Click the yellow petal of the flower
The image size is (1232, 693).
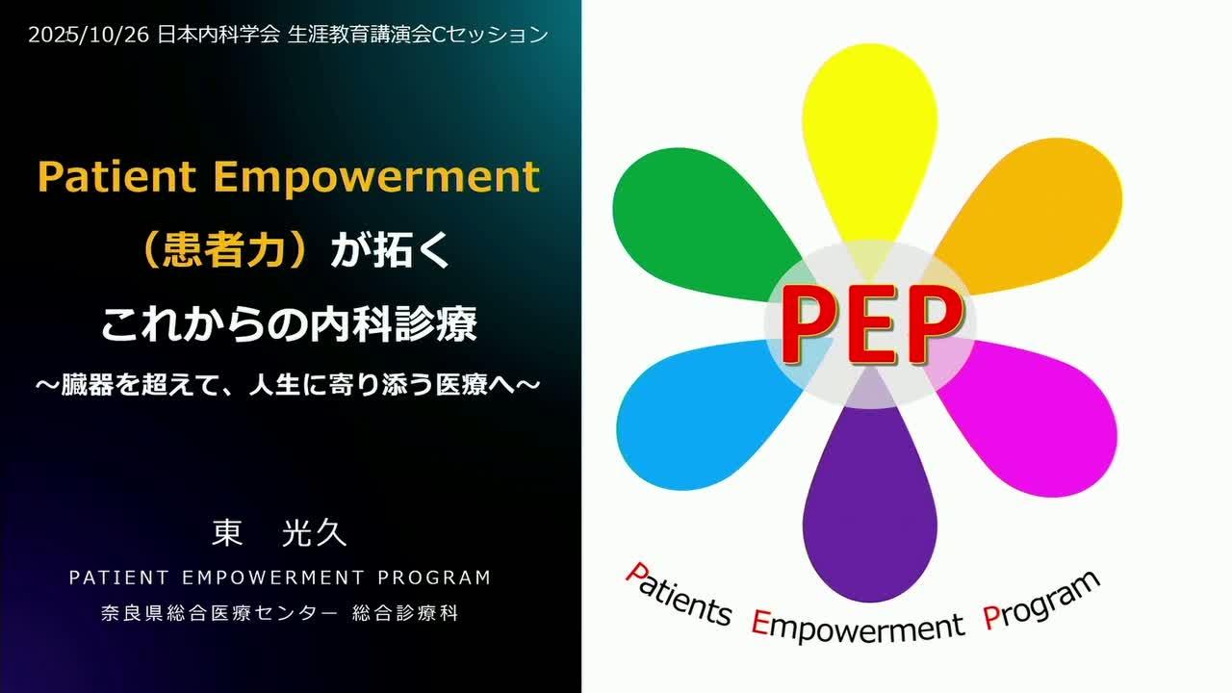click(869, 143)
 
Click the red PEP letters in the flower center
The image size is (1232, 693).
click(871, 324)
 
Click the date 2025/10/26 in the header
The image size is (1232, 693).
click(89, 36)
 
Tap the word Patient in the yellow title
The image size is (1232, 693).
click(116, 176)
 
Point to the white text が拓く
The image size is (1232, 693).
click(390, 251)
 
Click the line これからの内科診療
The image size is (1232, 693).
click(289, 324)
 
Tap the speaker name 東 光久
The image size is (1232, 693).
click(279, 533)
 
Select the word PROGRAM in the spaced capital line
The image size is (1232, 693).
click(434, 577)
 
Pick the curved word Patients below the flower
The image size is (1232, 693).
click(680, 596)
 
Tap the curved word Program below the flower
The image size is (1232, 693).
click(1041, 601)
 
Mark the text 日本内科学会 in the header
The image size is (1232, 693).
click(218, 36)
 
